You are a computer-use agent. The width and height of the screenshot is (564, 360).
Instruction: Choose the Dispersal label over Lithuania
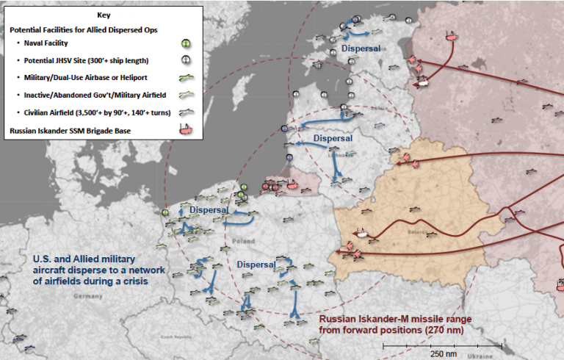333,137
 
